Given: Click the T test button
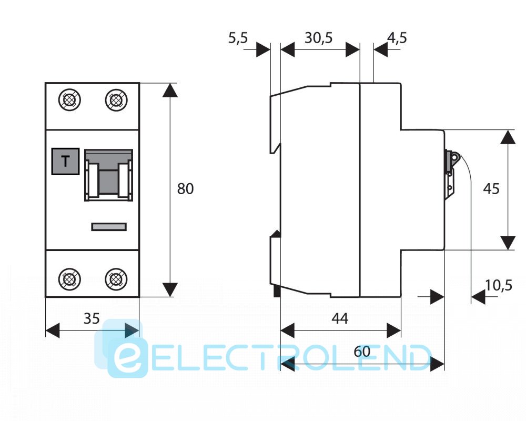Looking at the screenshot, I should click(65, 162).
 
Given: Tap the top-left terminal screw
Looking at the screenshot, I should click(70, 100).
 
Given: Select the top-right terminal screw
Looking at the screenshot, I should click(115, 100).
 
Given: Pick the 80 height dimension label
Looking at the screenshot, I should click(185, 188).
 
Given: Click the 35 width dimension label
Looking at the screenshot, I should click(92, 318).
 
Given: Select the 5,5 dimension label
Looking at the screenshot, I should click(238, 38).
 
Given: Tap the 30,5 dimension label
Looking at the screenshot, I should click(319, 38).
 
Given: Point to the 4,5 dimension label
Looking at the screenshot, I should click(397, 38).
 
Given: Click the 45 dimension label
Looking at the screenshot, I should click(491, 188).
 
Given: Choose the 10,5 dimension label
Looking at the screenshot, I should click(498, 286).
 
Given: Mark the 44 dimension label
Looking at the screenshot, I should click(340, 318).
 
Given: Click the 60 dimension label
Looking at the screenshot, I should click(362, 351).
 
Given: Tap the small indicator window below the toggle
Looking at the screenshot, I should click(109, 227).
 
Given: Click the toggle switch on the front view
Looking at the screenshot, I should click(109, 175).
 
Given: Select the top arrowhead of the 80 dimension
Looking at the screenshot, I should click(169, 90).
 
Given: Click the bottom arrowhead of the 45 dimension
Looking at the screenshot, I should click(508, 243).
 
